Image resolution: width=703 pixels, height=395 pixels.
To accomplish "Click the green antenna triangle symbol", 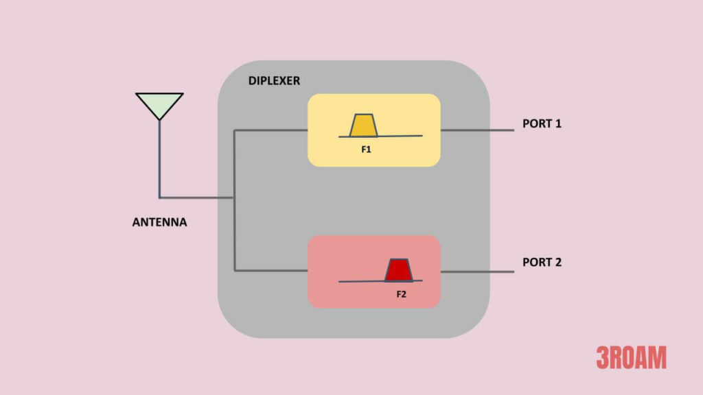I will click(159, 104).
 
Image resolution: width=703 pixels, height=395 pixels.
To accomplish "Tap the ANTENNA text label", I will click(159, 222).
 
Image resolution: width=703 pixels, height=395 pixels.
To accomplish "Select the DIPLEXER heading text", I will click(274, 81).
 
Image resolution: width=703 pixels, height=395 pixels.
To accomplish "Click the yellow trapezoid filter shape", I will click(362, 125).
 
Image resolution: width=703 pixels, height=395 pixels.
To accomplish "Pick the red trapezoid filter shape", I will click(397, 270).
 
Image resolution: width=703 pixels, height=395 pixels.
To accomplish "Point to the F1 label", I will click(366, 148).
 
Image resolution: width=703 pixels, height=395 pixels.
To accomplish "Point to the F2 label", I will click(402, 294).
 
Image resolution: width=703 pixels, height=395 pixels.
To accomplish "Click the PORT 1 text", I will click(542, 125).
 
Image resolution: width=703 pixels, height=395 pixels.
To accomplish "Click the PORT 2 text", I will click(542, 262).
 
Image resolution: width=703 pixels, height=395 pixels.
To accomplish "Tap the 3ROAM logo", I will click(631, 357).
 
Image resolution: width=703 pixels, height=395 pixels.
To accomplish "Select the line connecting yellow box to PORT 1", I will click(476, 130).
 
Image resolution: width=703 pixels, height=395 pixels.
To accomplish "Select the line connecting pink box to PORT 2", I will click(476, 272).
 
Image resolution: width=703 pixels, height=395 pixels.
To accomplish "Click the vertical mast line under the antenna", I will click(159, 158).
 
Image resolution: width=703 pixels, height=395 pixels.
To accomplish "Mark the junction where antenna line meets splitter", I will click(235, 197).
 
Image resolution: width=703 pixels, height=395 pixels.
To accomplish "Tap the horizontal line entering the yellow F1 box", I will click(270, 130).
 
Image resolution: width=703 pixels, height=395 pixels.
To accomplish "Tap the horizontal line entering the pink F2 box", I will click(270, 271).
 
